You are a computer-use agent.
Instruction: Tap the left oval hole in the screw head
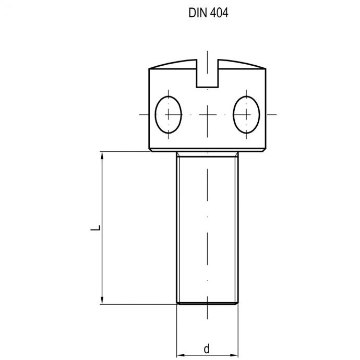169,114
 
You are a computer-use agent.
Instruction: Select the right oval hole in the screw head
246,114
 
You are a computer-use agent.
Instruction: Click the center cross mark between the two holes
208,114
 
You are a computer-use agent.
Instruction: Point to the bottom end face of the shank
208,303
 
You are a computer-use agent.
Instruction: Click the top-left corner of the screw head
149,69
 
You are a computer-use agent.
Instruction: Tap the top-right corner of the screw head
266,69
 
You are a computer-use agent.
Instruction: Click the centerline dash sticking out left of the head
142,114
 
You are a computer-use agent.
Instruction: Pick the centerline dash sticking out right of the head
273,114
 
